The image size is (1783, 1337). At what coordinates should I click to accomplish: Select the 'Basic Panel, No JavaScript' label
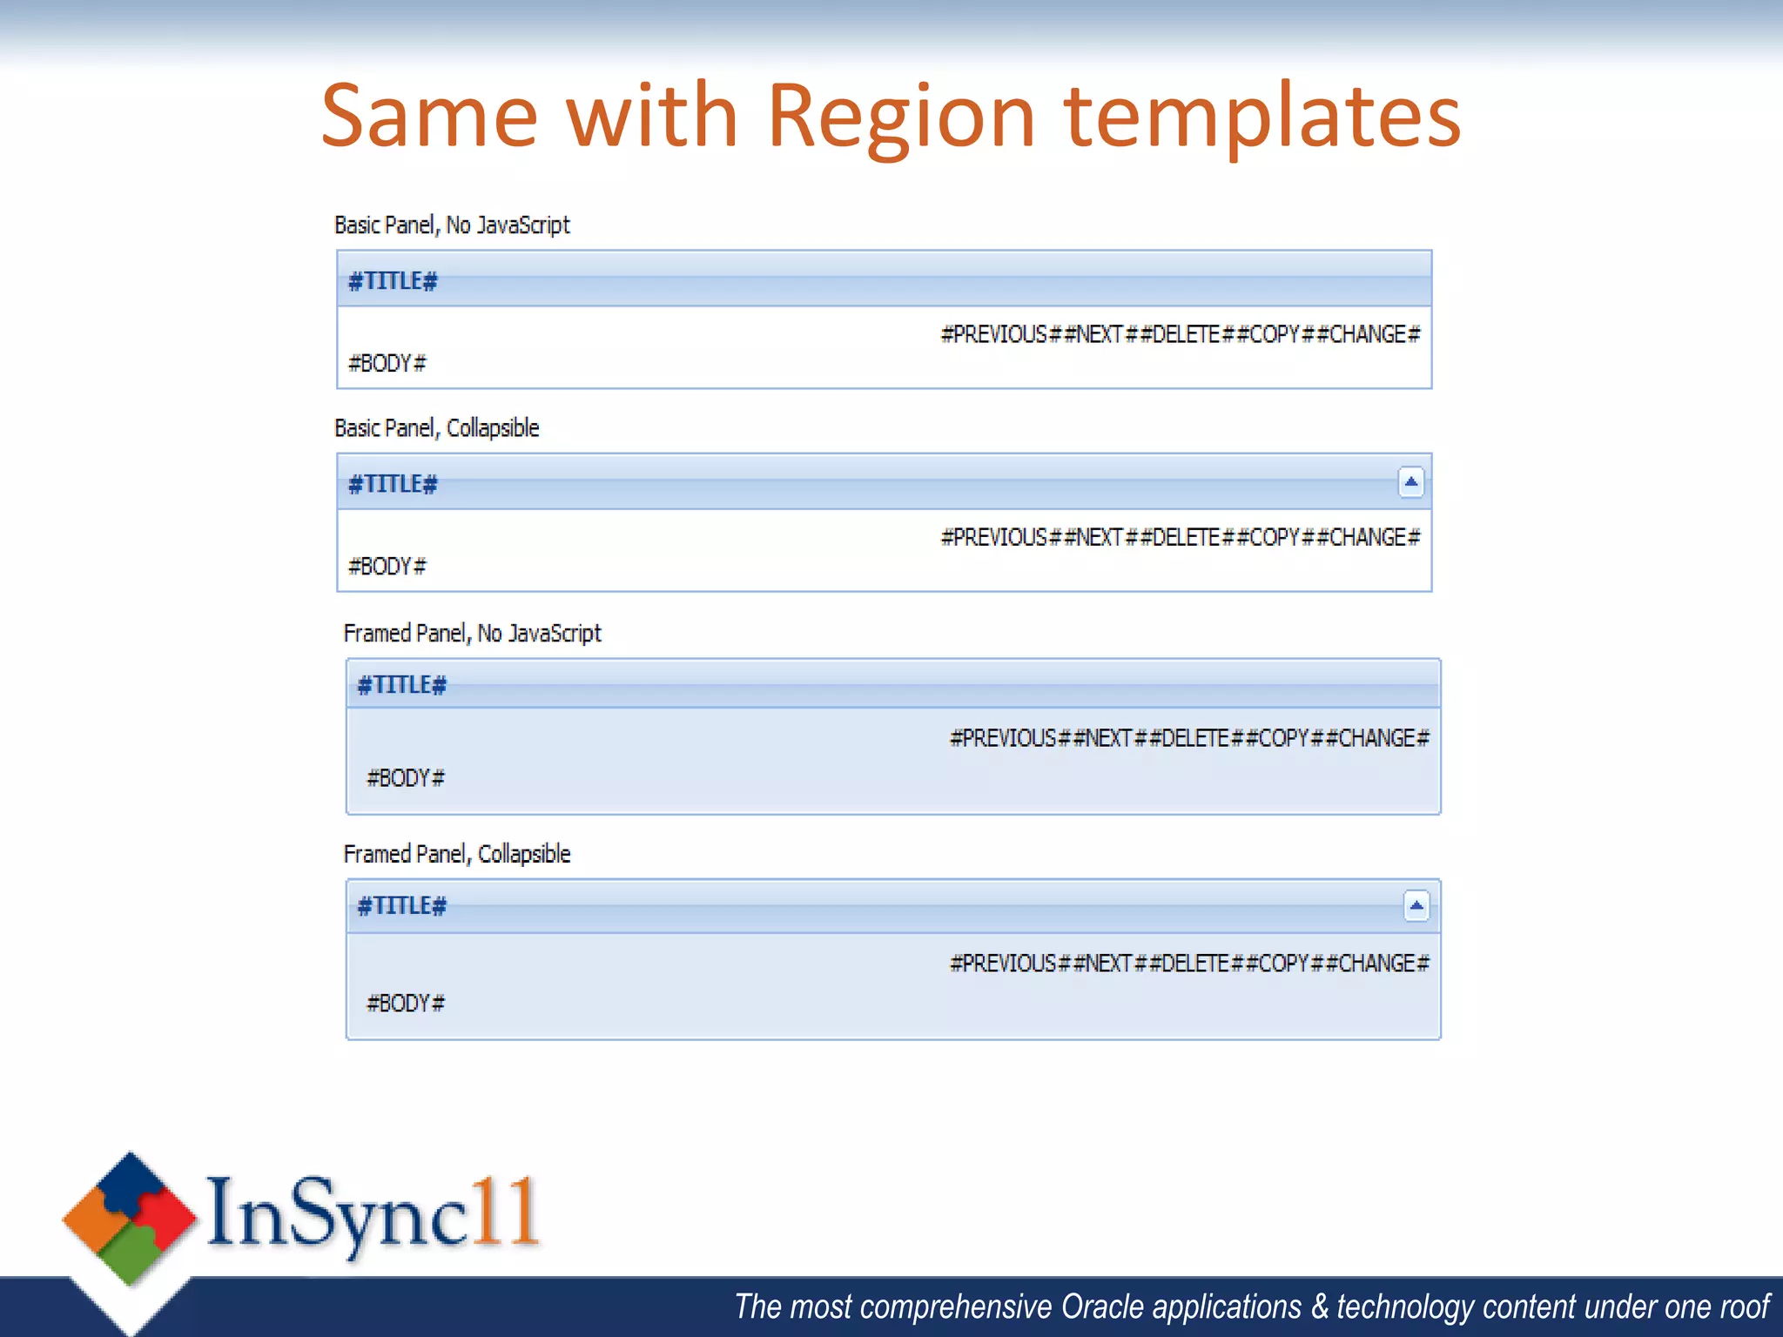[x=452, y=225]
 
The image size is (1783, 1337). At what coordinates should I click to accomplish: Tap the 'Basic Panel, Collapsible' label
[x=437, y=428]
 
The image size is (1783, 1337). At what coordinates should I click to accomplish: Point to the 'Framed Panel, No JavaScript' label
[x=472, y=633]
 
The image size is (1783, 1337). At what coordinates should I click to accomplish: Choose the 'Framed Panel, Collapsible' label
[x=457, y=854]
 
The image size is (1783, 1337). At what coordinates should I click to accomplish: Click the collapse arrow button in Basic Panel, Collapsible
[x=1410, y=482]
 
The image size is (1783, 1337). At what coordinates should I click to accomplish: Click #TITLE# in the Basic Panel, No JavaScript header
[x=393, y=281]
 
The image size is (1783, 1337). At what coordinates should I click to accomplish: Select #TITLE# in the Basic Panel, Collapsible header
[x=393, y=484]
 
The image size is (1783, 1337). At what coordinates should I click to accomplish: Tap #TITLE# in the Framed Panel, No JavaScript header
[x=402, y=685]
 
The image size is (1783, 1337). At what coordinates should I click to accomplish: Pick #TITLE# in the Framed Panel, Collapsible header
[x=402, y=906]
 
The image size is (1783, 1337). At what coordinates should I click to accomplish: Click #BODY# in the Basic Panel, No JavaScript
[x=387, y=363]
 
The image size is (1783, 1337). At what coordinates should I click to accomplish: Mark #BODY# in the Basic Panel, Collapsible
[x=387, y=567]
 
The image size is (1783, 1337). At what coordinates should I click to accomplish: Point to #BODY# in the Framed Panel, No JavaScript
[x=406, y=778]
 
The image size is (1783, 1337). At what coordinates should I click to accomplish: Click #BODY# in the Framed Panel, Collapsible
[x=406, y=1004]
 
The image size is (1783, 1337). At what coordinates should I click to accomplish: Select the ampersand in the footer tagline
[x=1320, y=1307]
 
